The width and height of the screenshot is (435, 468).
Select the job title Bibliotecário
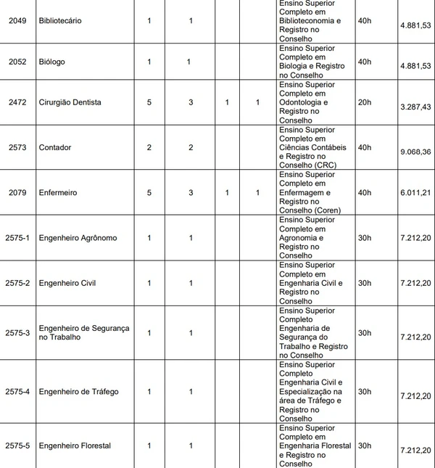click(x=60, y=21)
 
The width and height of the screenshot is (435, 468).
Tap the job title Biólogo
click(x=51, y=62)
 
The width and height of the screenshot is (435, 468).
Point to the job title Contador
click(x=55, y=147)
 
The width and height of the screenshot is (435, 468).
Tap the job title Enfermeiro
click(x=59, y=192)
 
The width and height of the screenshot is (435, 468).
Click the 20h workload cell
click(x=365, y=102)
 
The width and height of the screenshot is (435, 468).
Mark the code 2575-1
click(x=17, y=238)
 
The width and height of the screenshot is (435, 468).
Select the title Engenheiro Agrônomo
click(x=78, y=238)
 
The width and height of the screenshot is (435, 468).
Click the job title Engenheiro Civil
click(x=67, y=283)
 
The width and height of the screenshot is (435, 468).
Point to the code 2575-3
click(x=17, y=332)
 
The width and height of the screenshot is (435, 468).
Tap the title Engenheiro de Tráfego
click(x=78, y=392)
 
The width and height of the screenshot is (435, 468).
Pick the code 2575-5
click(x=17, y=446)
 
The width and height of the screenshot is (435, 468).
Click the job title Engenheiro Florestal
click(x=75, y=446)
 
